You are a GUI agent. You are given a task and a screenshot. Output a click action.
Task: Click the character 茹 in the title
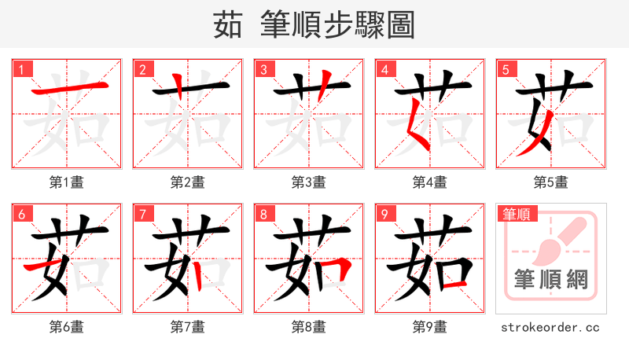tap(228, 25)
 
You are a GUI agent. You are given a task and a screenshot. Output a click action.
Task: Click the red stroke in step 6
tap(44, 268)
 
